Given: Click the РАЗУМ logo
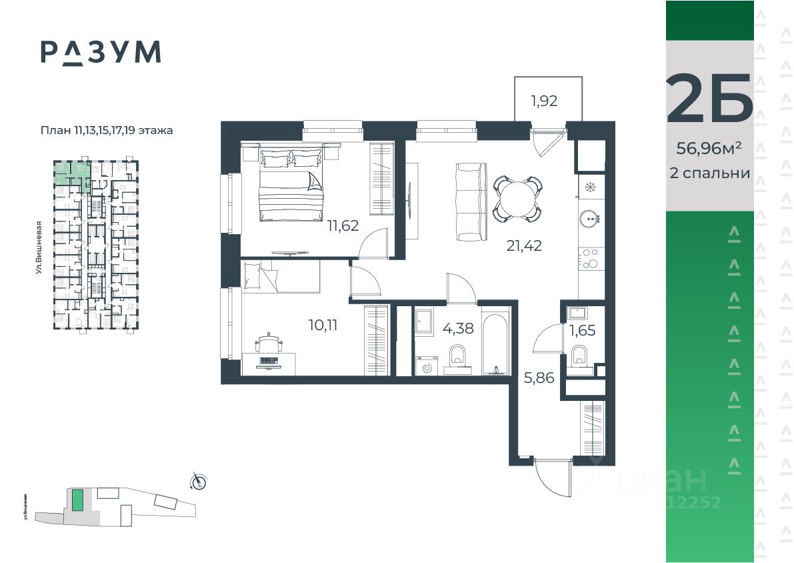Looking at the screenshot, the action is point(101,52).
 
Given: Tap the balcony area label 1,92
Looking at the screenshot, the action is point(544,102).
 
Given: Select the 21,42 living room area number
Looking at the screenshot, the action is point(523,245).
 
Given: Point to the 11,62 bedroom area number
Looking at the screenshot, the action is point(343,225).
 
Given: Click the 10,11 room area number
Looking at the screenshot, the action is point(324,326).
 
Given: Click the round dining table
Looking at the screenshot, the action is point(517,197).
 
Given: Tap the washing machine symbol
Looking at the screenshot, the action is point(426,365).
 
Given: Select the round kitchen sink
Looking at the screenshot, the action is point(590,217).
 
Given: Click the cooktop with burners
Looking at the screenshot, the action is point(590,258).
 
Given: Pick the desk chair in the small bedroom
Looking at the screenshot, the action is point(269,343).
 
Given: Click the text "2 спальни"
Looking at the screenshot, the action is point(709,173).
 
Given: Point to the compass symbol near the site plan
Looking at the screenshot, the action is point(199,480).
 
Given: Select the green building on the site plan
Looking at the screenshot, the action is point(78,500).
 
